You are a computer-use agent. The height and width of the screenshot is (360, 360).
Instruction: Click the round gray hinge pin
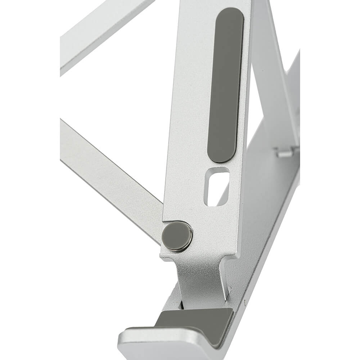177,236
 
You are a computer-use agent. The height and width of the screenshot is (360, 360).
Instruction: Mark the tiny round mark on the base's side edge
245,302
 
